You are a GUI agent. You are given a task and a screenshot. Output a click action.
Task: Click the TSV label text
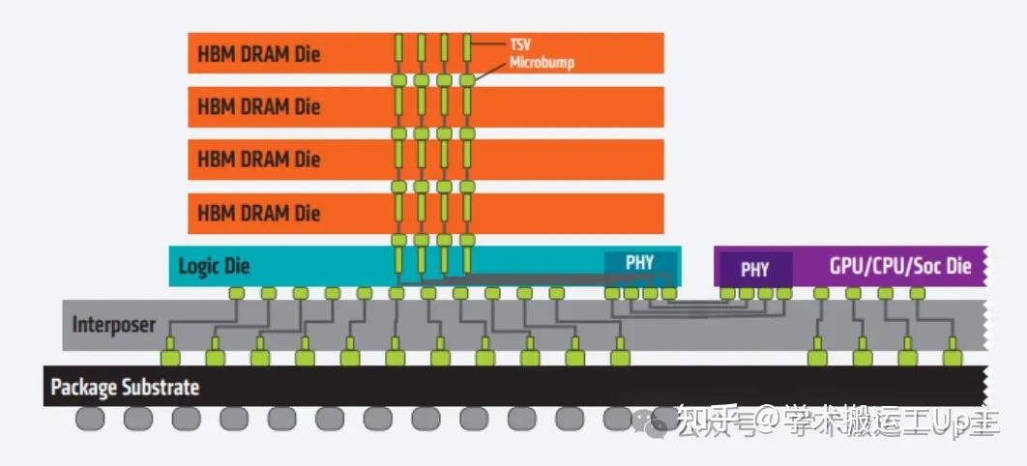pyautogui.click(x=520, y=44)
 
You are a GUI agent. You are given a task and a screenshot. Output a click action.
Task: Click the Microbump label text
pyautogui.click(x=543, y=63)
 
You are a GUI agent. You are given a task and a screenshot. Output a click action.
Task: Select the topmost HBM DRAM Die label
pyautogui.click(x=258, y=54)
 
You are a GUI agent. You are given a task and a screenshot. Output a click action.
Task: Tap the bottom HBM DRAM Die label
pyautogui.click(x=258, y=212)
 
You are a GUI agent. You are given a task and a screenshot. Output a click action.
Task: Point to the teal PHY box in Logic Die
pyautogui.click(x=639, y=263)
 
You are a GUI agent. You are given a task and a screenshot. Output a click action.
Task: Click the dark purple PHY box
pyautogui.click(x=754, y=270)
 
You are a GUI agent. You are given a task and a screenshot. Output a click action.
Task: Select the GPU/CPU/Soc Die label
pyautogui.click(x=898, y=266)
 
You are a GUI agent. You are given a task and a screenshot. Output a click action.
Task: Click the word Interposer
pyautogui.click(x=113, y=326)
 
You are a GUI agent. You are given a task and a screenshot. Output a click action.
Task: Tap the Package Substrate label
pyautogui.click(x=125, y=388)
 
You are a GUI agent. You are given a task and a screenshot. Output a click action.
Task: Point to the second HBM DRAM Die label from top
pyautogui.click(x=258, y=106)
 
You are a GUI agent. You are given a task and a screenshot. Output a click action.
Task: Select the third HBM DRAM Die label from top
pyautogui.click(x=258, y=159)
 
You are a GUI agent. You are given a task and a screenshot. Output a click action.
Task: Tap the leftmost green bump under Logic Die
pyautogui.click(x=236, y=293)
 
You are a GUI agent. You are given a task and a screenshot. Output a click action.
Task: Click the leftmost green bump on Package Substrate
pyautogui.click(x=170, y=359)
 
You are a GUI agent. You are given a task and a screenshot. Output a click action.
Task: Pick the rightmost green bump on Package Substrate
pyautogui.click(x=953, y=359)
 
